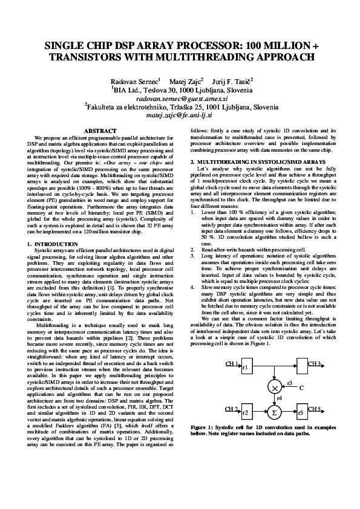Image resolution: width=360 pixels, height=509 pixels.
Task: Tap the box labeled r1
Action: pyautogui.click(x=246, y=368)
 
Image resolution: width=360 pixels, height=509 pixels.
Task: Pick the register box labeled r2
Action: pyautogui.click(x=246, y=412)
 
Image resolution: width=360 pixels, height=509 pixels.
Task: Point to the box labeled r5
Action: pyautogui.click(x=301, y=412)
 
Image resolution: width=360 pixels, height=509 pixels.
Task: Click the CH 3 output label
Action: pyautogui.click(x=315, y=364)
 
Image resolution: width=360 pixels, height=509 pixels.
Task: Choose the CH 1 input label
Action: pyautogui.click(x=232, y=364)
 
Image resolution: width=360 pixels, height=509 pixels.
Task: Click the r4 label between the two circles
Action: pyautogui.click(x=279, y=400)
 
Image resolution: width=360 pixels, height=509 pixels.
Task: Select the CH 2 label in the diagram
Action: pyautogui.click(x=232, y=409)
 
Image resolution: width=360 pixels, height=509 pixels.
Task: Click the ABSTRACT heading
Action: pyautogui.click(x=100, y=131)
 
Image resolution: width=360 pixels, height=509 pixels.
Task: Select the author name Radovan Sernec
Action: pyautogui.click(x=134, y=80)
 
